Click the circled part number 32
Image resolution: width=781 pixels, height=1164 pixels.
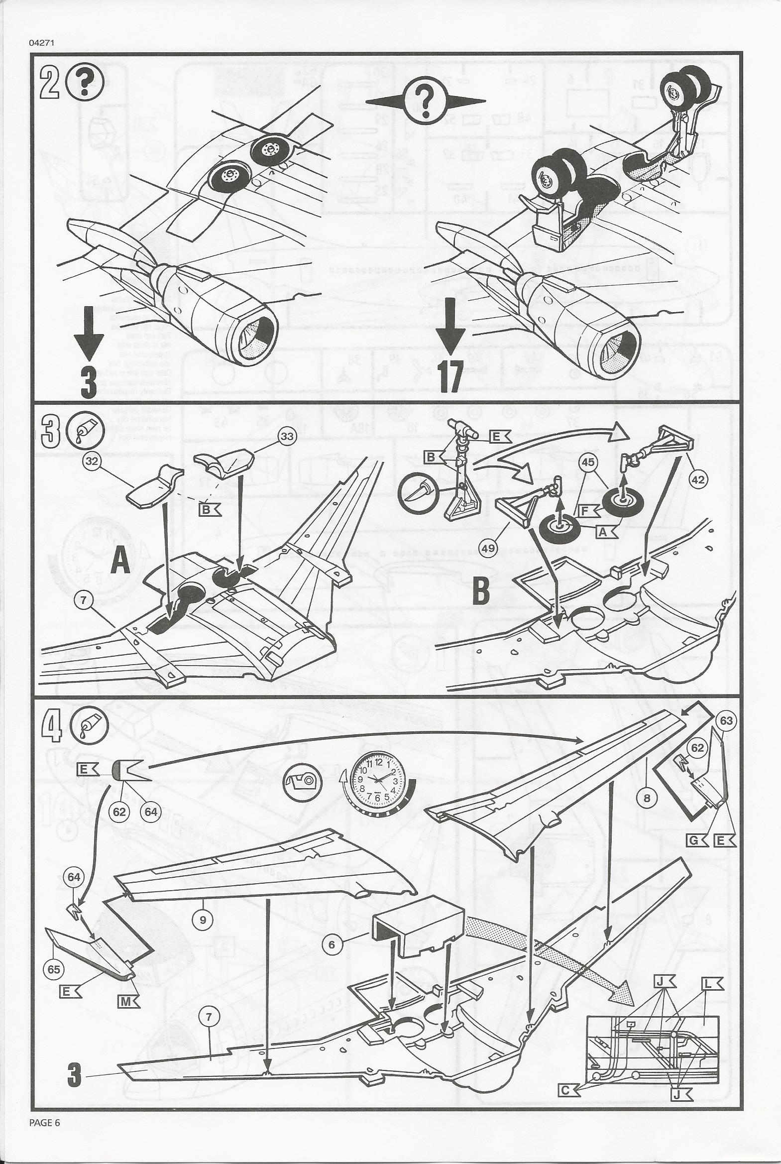(x=91, y=461)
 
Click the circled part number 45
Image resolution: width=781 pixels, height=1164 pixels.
(x=589, y=462)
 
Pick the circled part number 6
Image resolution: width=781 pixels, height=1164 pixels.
(x=331, y=943)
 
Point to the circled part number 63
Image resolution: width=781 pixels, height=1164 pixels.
(x=727, y=721)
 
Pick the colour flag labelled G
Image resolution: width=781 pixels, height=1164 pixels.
(x=697, y=841)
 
